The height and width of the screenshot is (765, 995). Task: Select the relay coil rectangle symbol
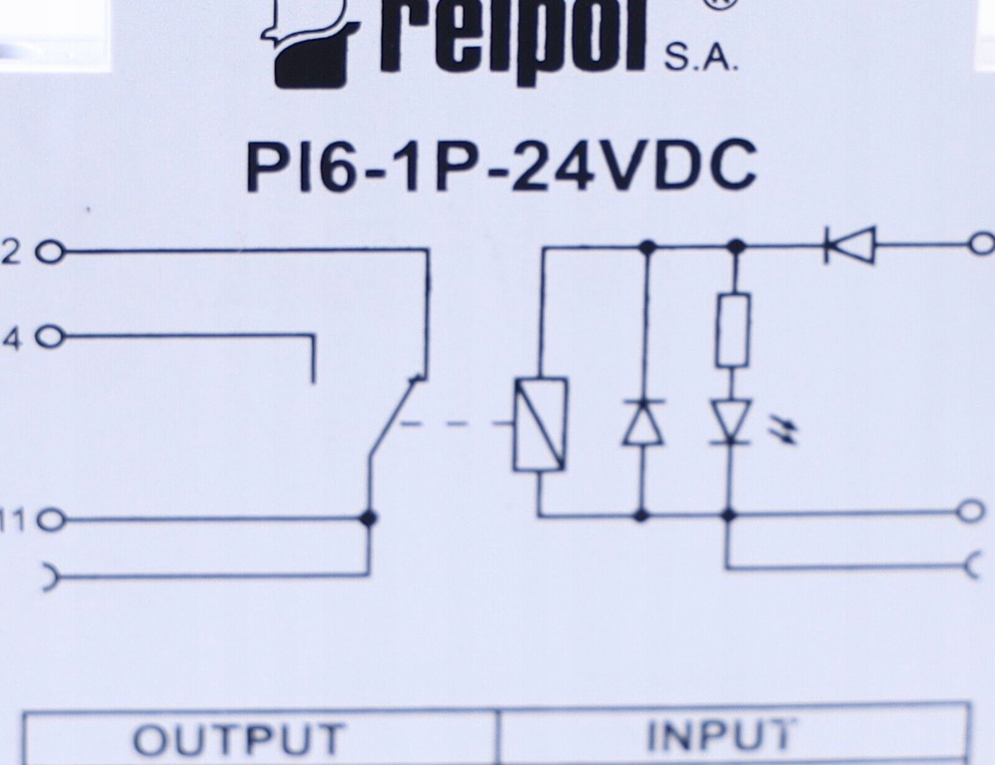point(540,423)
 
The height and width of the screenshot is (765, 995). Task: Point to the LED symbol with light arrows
point(732,423)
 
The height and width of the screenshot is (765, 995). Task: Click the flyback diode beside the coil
point(644,423)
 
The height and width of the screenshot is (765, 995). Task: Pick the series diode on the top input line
point(849,245)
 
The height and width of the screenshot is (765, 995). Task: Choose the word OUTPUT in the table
point(239,738)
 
